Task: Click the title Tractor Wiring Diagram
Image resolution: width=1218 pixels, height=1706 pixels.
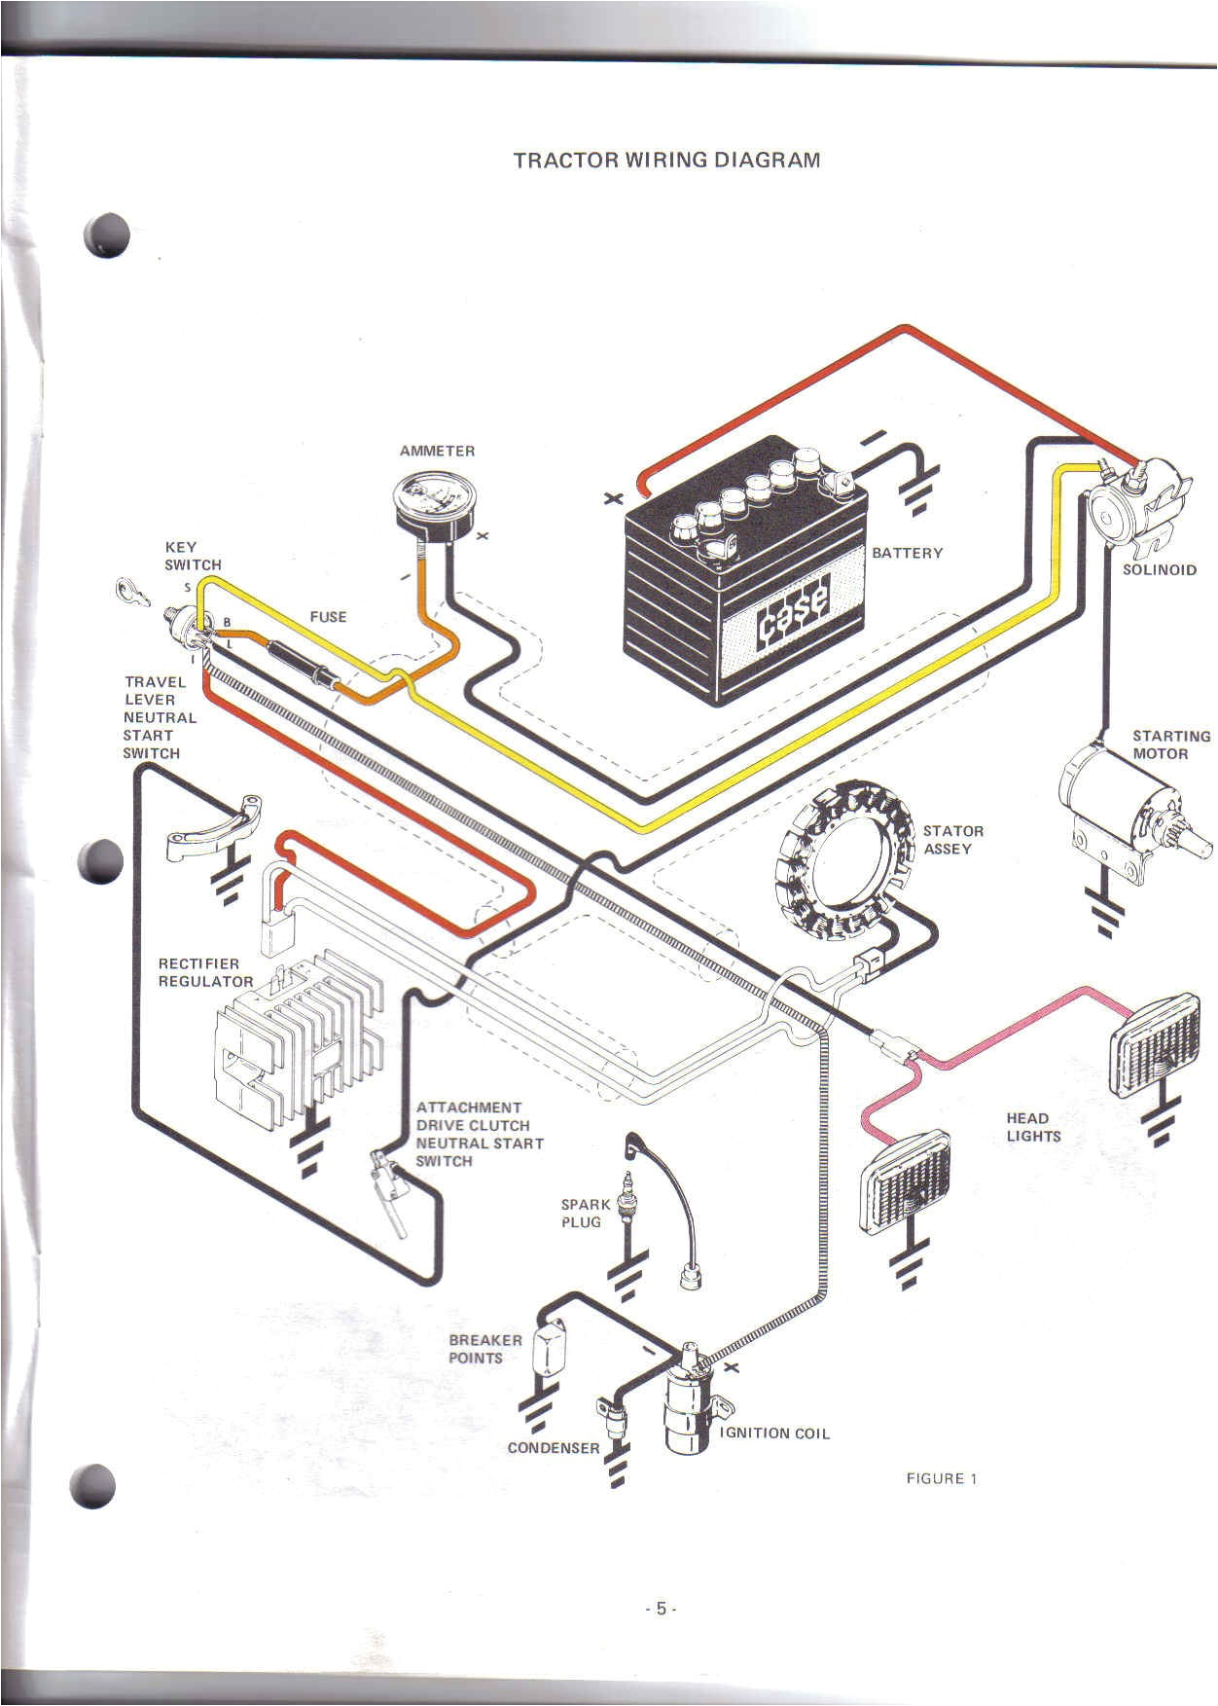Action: (x=666, y=161)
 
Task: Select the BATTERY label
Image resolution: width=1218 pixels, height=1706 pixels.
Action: (x=907, y=553)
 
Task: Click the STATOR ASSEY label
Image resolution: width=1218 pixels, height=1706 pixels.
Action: (x=952, y=840)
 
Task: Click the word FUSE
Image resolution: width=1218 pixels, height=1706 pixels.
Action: (x=328, y=617)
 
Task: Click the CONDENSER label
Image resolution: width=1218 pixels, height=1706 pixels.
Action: (x=554, y=1448)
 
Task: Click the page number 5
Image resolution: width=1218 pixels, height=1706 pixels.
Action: (x=661, y=1609)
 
